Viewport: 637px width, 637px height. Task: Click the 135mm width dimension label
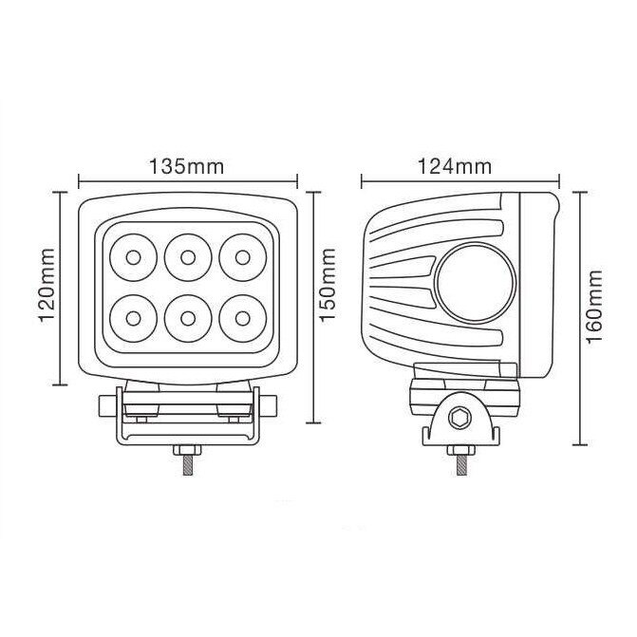(x=187, y=166)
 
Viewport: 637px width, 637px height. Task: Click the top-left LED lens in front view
(x=131, y=256)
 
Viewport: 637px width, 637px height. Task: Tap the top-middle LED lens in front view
(x=186, y=256)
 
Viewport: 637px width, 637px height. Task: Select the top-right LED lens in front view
(x=241, y=256)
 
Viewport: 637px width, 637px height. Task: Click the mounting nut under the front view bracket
(x=186, y=449)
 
